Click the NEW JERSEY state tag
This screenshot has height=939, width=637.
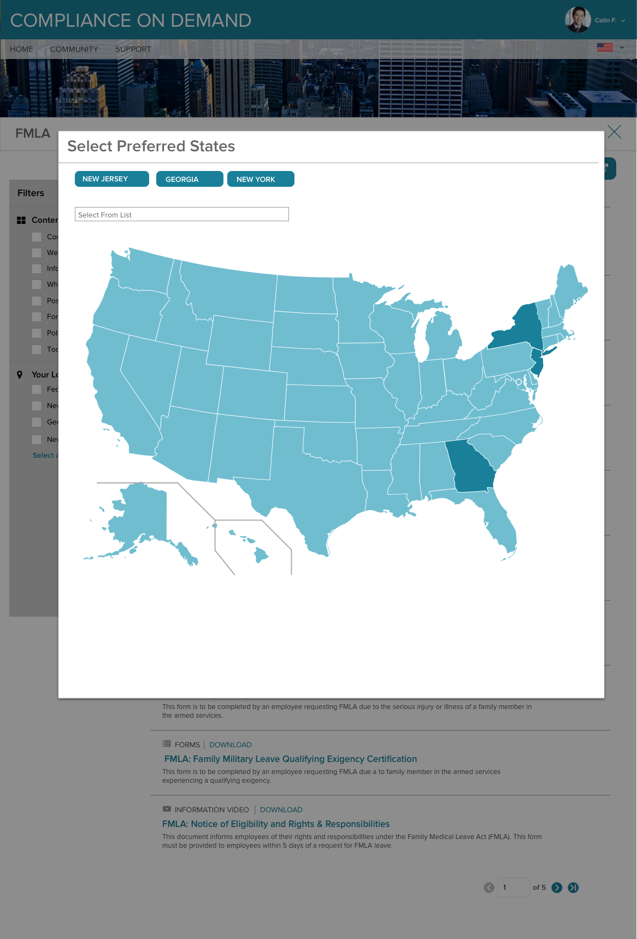[111, 179]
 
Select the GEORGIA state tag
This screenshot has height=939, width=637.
[189, 179]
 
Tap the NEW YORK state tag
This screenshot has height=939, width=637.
[260, 179]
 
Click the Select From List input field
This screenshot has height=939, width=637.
[181, 215]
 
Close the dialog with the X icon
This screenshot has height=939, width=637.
[614, 132]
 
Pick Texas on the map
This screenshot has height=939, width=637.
[311, 481]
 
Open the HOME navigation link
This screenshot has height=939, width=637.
[21, 49]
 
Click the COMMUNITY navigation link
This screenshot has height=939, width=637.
[74, 49]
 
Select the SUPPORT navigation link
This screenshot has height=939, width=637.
[133, 49]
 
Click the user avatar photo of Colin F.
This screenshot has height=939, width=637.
[577, 20]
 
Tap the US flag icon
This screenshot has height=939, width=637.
[605, 48]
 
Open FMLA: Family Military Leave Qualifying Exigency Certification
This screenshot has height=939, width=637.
[291, 759]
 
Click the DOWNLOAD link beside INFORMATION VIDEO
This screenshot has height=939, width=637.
[281, 810]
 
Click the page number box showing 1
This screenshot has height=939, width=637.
[513, 887]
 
